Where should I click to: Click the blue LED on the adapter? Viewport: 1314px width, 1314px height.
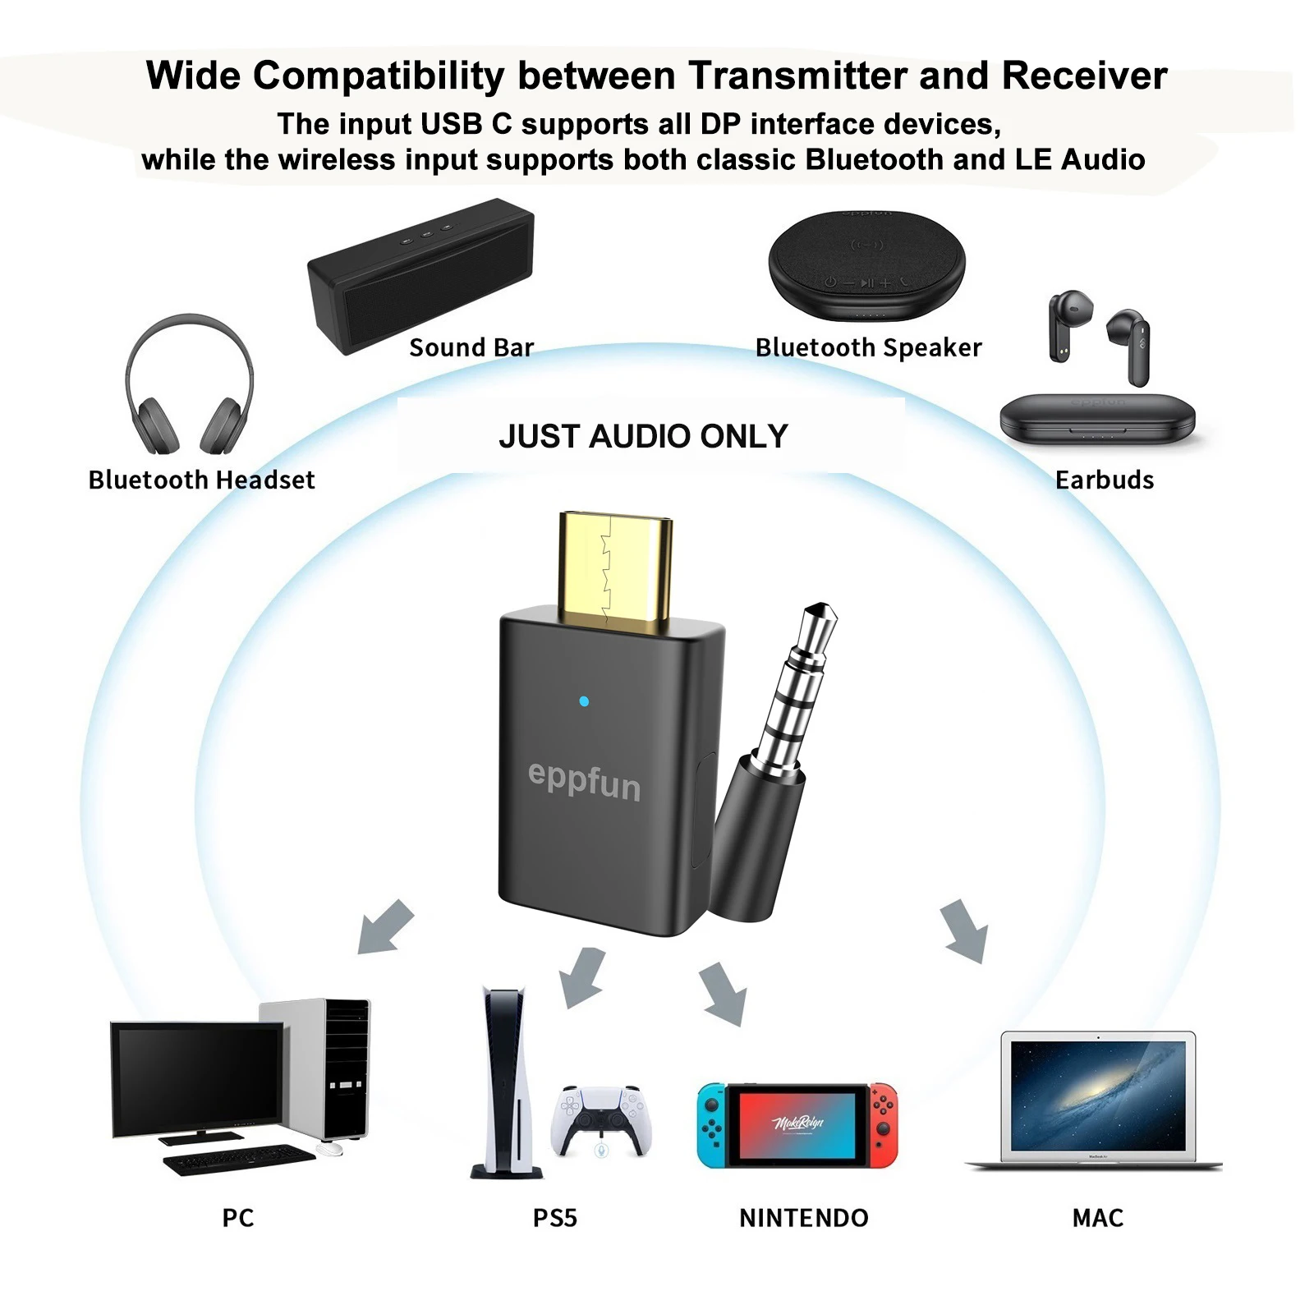click(584, 701)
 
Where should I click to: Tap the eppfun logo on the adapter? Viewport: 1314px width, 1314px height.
click(584, 780)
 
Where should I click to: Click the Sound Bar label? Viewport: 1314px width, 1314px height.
click(471, 347)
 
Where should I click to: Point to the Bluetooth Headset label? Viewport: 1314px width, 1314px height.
click(201, 480)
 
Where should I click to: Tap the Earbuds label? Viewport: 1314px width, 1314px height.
click(1104, 480)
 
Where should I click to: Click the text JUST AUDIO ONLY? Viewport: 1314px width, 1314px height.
click(643, 436)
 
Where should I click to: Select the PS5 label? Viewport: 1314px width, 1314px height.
click(554, 1217)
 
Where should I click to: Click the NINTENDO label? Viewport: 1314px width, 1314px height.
click(803, 1217)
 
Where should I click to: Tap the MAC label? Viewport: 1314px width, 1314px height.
click(1097, 1217)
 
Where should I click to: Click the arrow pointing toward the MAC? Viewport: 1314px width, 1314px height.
click(964, 930)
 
